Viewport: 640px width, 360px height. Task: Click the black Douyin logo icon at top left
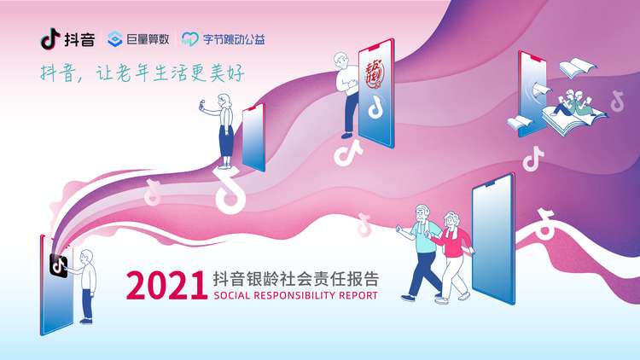[x=50, y=38]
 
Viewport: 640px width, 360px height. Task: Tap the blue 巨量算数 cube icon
[x=115, y=39]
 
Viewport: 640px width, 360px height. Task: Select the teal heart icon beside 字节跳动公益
[x=190, y=39]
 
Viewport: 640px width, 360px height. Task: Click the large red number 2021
[x=166, y=285]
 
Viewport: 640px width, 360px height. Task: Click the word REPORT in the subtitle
[x=358, y=295]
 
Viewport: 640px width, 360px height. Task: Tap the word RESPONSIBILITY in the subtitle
[x=294, y=295]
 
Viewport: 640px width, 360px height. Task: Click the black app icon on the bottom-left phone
[x=58, y=265]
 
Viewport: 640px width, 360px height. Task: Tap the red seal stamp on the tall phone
[x=374, y=74]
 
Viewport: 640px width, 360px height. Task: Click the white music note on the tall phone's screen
[x=375, y=107]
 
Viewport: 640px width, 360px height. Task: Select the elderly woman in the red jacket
[x=452, y=257]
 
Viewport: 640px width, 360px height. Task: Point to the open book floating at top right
[x=576, y=68]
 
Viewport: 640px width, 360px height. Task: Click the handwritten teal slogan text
[x=142, y=73]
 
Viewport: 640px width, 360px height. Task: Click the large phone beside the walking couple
[x=493, y=239]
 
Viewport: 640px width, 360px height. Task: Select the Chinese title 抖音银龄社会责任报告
[x=296, y=279]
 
